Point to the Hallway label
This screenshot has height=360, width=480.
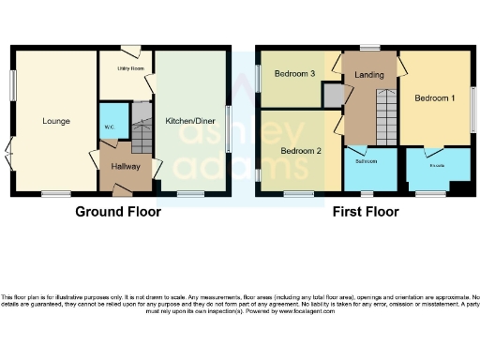126,166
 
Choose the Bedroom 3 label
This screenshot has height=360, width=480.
293,73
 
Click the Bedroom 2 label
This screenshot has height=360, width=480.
301,151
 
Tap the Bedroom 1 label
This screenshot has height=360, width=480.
435,97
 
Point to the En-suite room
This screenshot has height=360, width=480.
437,169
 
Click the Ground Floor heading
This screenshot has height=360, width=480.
118,212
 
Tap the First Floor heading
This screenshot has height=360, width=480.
366,212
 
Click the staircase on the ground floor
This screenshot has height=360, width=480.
140,131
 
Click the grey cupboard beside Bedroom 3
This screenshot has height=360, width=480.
332,95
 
